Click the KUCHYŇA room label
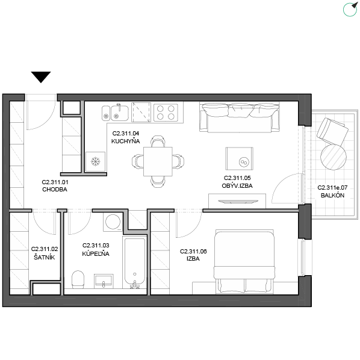[x=126, y=141]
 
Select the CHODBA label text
[x=55, y=190]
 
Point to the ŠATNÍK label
[x=45, y=257]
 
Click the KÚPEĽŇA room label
[x=96, y=253]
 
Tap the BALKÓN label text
[x=332, y=196]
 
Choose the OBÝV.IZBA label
[x=237, y=185]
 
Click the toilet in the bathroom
[x=78, y=279]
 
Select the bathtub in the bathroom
[x=135, y=262]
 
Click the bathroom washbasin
[x=104, y=281]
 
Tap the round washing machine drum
[x=113, y=222]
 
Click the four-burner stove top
[x=166, y=112]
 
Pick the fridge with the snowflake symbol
[x=95, y=161]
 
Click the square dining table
[x=158, y=161]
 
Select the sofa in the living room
[x=240, y=117]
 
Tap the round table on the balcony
[x=334, y=157]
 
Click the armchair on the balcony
[x=332, y=131]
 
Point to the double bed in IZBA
[x=244, y=261]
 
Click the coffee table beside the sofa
[x=239, y=159]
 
